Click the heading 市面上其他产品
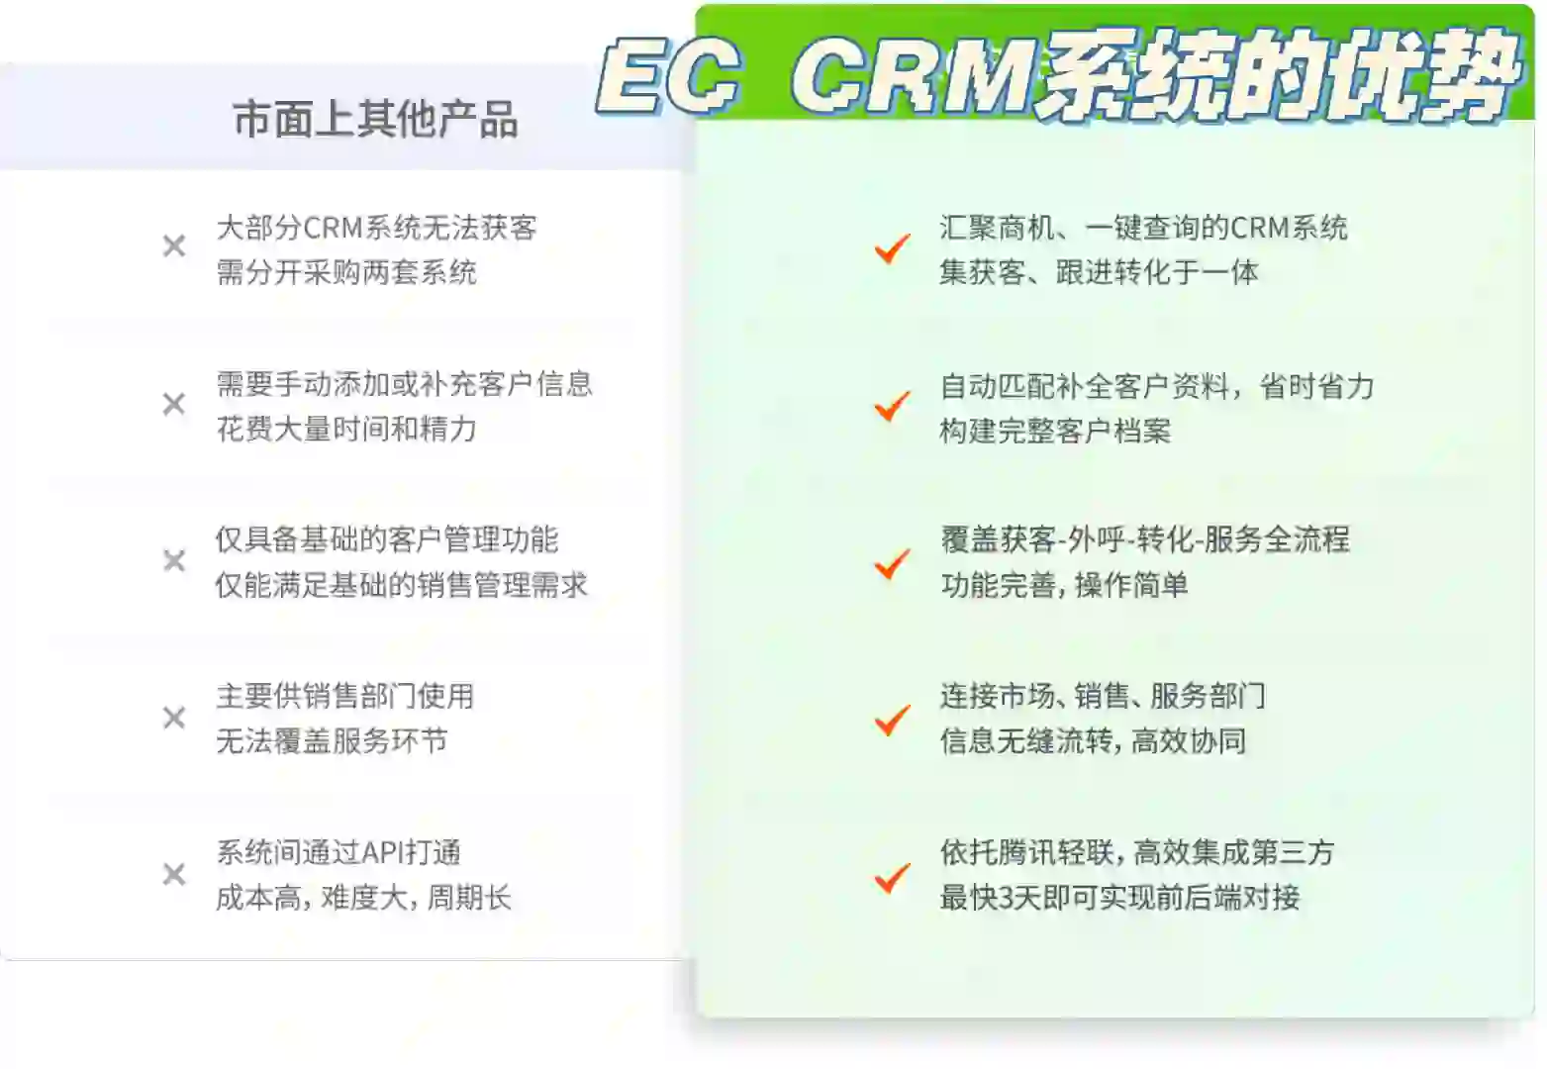click(375, 120)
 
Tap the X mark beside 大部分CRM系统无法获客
click(174, 246)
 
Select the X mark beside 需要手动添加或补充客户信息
click(174, 404)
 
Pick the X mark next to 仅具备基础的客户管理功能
click(174, 561)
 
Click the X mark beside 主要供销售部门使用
click(174, 718)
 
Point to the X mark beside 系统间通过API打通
click(174, 874)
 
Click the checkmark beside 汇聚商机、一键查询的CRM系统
click(892, 247)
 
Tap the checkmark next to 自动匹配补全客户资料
click(892, 405)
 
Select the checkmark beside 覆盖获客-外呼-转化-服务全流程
click(892, 563)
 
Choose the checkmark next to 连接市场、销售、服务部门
click(892, 720)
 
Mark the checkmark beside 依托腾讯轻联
click(892, 876)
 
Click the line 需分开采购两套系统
click(346, 272)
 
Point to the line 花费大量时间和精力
click(346, 429)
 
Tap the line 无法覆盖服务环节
click(332, 741)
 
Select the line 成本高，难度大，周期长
click(363, 898)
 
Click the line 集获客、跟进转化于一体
click(1099, 272)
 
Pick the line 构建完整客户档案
click(1055, 431)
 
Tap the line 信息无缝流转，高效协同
click(1093, 741)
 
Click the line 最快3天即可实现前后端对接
click(1119, 898)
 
